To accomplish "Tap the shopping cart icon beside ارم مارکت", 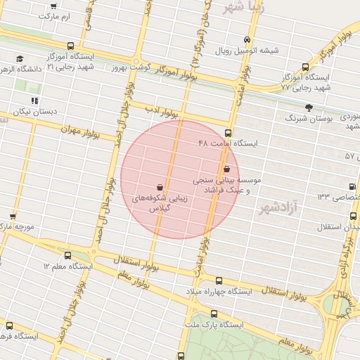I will click(54, 6).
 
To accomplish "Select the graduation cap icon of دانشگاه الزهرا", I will click(19, 58).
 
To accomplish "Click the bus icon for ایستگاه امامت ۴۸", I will click(228, 133).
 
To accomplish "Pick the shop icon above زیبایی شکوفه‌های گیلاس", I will click(161, 187).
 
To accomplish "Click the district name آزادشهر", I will click(279, 207).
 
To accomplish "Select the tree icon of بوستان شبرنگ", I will click(309, 107).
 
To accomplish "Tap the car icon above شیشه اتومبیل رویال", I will click(246, 40).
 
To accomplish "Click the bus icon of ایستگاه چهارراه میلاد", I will click(219, 280).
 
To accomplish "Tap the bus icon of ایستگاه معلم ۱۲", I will click(67, 256).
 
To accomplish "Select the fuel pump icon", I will click(352, 186).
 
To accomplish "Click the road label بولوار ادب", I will click(162, 110).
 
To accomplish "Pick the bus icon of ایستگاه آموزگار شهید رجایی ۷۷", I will click(305, 66).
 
